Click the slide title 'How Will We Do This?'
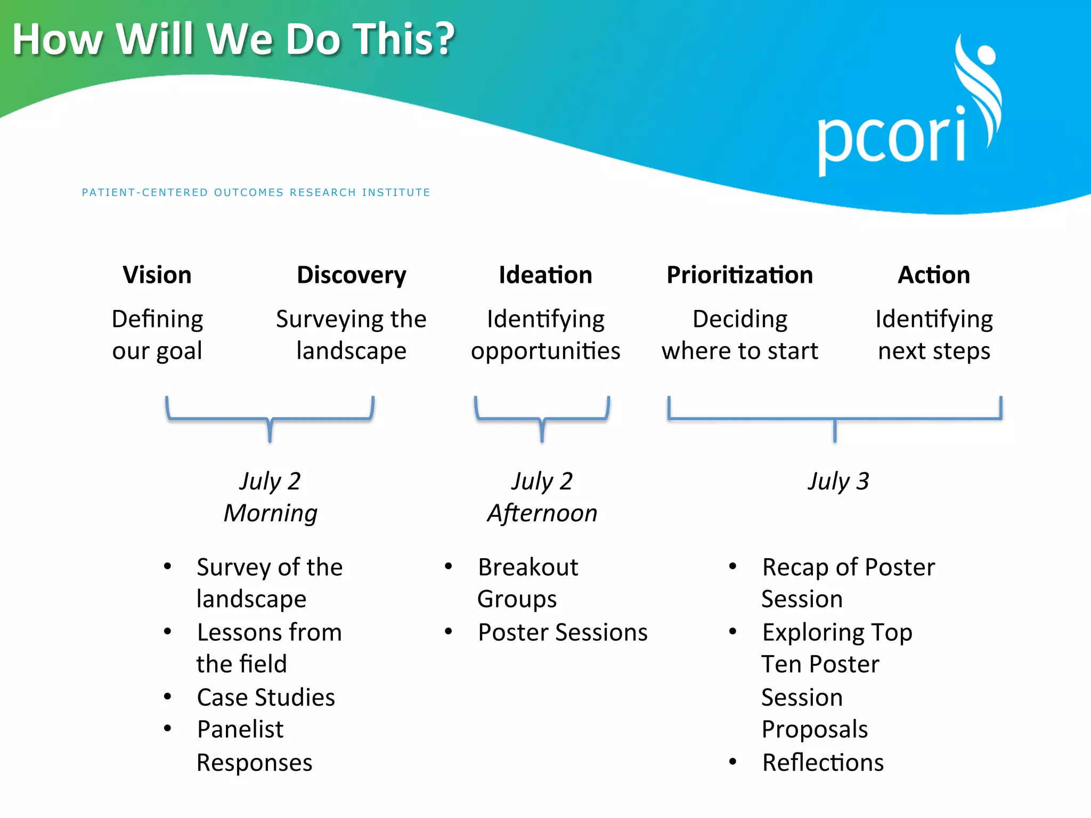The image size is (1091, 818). point(233,39)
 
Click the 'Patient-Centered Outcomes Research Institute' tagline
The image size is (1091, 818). point(256,192)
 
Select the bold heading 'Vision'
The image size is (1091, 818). point(157,275)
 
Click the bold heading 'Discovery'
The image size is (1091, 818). point(351,275)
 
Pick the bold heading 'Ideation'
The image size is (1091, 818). point(545,275)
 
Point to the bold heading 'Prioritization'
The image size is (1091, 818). point(739,275)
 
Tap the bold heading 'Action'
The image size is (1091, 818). point(933,275)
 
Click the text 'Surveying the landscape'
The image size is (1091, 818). point(351,335)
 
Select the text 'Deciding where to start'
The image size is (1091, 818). point(739,335)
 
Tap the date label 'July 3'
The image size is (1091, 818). point(838,481)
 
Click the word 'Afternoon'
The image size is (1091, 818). point(542,513)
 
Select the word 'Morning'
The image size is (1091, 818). point(270,513)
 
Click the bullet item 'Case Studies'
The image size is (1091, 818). point(265,698)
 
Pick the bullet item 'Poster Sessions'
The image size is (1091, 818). point(562,633)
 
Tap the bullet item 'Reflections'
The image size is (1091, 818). point(823,763)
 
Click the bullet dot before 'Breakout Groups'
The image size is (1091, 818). point(449,567)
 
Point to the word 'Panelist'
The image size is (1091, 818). point(240,730)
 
